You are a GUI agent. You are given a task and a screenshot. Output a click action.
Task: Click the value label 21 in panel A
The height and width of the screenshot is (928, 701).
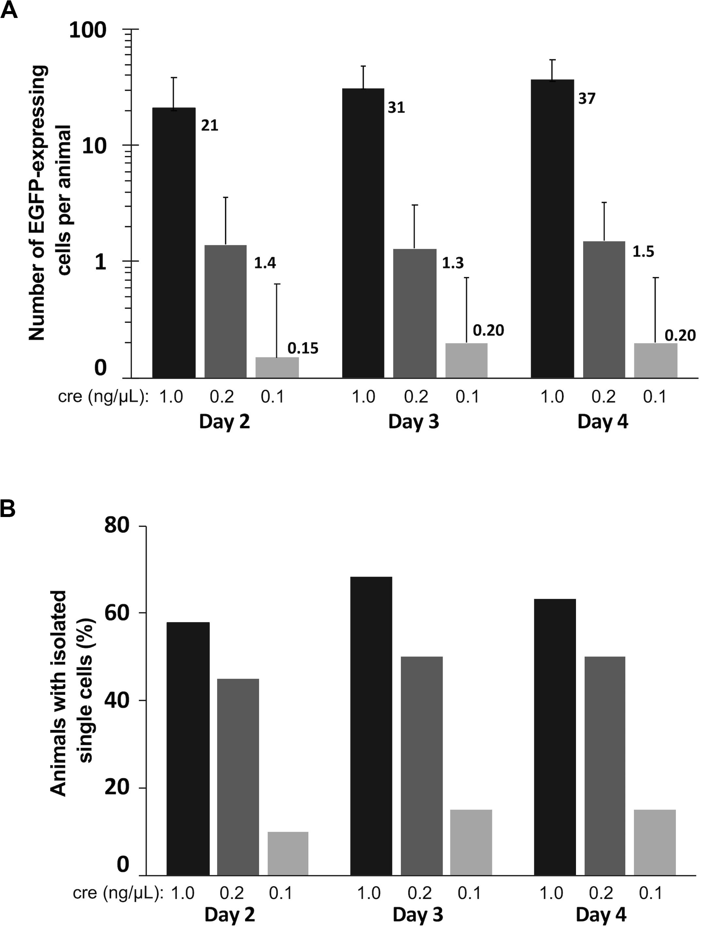point(210,126)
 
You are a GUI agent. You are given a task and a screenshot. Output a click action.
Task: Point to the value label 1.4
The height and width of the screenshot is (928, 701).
point(265,264)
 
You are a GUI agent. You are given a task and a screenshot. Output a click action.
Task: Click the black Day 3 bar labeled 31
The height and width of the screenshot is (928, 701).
point(364,233)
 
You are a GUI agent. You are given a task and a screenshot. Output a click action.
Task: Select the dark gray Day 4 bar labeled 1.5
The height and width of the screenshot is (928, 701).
point(604,309)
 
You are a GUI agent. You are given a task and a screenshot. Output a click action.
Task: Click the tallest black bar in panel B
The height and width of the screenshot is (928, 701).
point(371,726)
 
